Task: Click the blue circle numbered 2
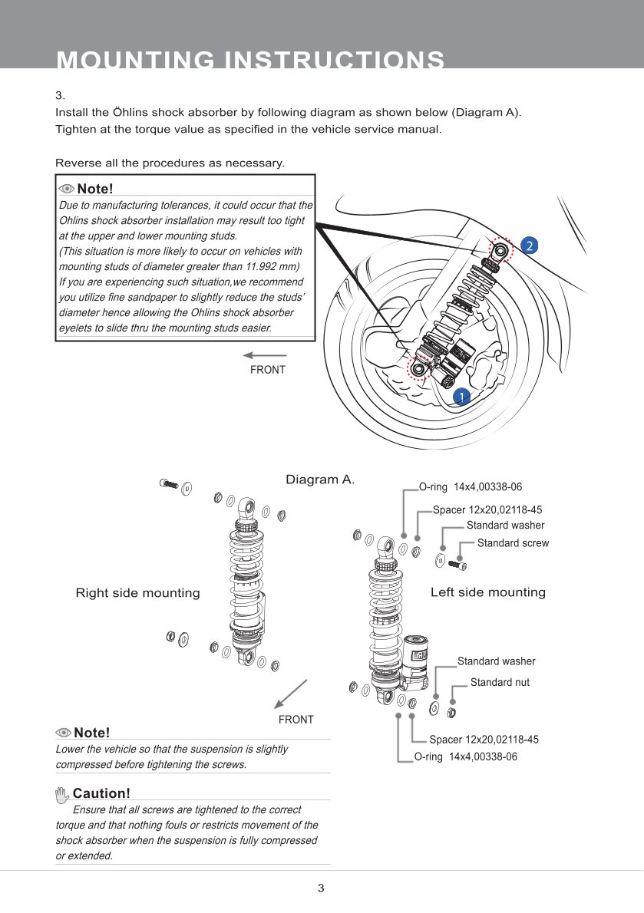pyautogui.click(x=529, y=246)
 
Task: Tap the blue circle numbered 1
pyautogui.click(x=462, y=397)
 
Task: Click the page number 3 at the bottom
pyautogui.click(x=321, y=888)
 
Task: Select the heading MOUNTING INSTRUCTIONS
pyautogui.click(x=250, y=59)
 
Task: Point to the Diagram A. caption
pyautogui.click(x=319, y=480)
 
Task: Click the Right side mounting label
pyautogui.click(x=137, y=593)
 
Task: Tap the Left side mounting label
pyautogui.click(x=488, y=592)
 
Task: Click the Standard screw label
pyautogui.click(x=513, y=542)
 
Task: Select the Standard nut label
pyautogui.click(x=500, y=682)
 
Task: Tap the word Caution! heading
pyautogui.click(x=101, y=793)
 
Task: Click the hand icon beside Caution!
pyautogui.click(x=62, y=794)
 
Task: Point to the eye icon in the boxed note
pyautogui.click(x=66, y=189)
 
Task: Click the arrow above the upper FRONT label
pyautogui.click(x=265, y=354)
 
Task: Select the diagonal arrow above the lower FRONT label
pyautogui.click(x=291, y=694)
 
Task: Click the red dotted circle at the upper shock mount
pyautogui.click(x=500, y=250)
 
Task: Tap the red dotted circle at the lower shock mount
pyautogui.click(x=418, y=368)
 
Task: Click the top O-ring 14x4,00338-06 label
pyautogui.click(x=471, y=486)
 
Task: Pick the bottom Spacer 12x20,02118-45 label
pyautogui.click(x=484, y=740)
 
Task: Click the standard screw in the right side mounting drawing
pyautogui.click(x=168, y=483)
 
